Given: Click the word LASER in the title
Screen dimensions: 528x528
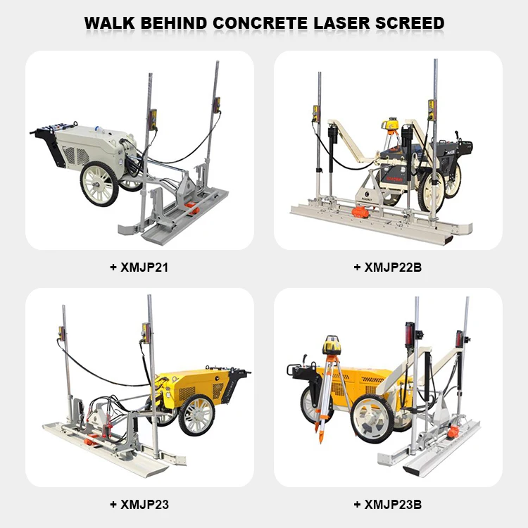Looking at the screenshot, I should tap(343, 23).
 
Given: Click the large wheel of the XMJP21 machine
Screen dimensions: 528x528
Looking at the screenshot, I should tap(100, 184).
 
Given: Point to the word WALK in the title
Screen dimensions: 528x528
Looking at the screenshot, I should tap(112, 23).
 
